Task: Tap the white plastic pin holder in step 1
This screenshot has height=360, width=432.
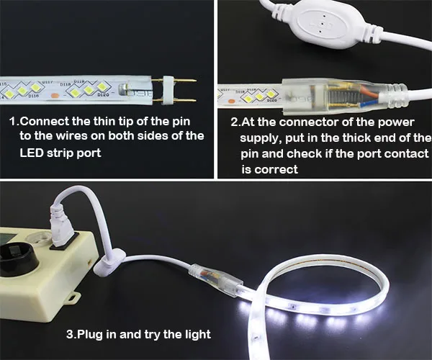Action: tap(168, 91)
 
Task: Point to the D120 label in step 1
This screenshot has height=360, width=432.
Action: tap(102, 95)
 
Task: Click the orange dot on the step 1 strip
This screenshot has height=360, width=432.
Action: tap(55, 96)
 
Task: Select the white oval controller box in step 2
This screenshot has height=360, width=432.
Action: tap(320, 24)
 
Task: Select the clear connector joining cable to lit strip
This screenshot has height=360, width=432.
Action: tap(216, 279)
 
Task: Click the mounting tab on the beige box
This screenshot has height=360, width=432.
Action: tap(73, 298)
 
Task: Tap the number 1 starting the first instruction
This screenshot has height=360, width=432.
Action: tap(13, 122)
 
